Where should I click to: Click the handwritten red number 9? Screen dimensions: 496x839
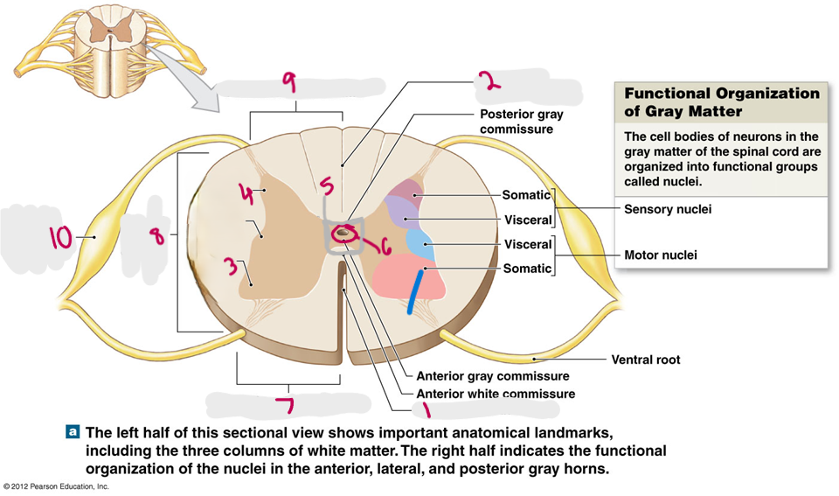tap(288, 84)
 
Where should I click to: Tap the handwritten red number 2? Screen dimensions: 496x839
tap(490, 81)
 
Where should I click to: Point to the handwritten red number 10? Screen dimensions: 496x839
tap(60, 236)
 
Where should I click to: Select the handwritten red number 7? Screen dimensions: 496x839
tap(283, 406)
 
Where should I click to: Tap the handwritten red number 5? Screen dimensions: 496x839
tap(325, 187)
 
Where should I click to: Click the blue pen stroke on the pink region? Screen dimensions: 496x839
tap(413, 291)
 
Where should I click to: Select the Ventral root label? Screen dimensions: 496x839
tap(645, 360)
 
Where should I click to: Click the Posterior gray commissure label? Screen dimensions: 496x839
tap(522, 122)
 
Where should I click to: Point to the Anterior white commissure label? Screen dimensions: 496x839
tap(496, 394)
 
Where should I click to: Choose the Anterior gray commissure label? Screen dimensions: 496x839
tap(493, 376)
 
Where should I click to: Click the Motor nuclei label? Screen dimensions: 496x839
tap(660, 255)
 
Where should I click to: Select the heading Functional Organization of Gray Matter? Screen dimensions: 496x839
tap(721, 101)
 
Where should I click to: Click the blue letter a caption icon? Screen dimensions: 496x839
tap(73, 432)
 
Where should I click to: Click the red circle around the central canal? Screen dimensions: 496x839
tap(346, 233)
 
